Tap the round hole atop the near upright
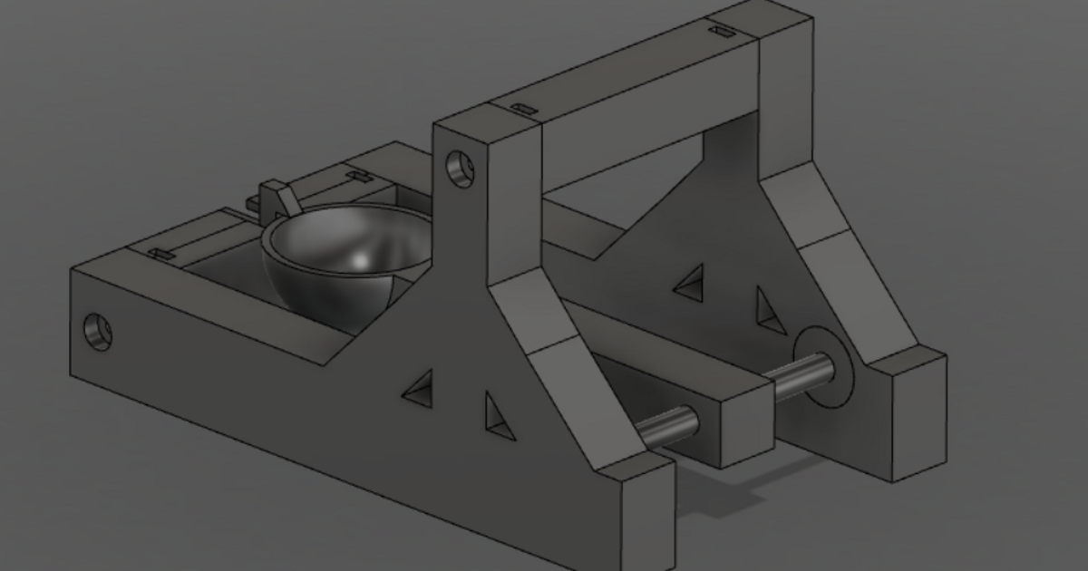point(461,169)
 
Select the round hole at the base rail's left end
point(97,333)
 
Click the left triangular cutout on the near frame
point(419,386)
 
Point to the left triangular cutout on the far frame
point(690,283)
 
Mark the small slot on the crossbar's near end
point(523,109)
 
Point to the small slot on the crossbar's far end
point(721,33)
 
